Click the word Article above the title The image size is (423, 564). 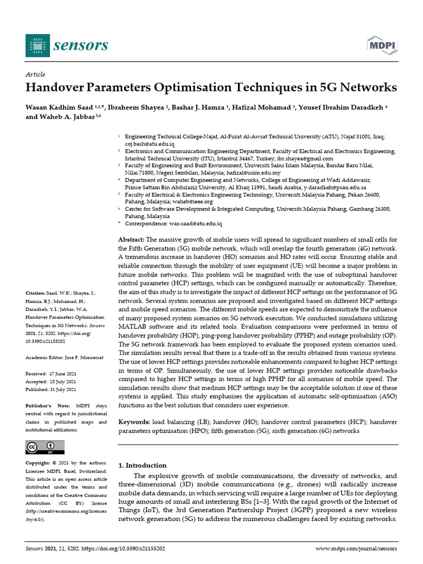tap(36, 74)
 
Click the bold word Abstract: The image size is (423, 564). tap(132, 240)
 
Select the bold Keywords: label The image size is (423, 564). tap(134, 422)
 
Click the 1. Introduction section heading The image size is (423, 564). tap(143, 465)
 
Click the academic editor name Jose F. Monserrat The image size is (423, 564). tap(80, 357)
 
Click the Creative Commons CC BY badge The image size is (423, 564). tap(45, 447)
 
